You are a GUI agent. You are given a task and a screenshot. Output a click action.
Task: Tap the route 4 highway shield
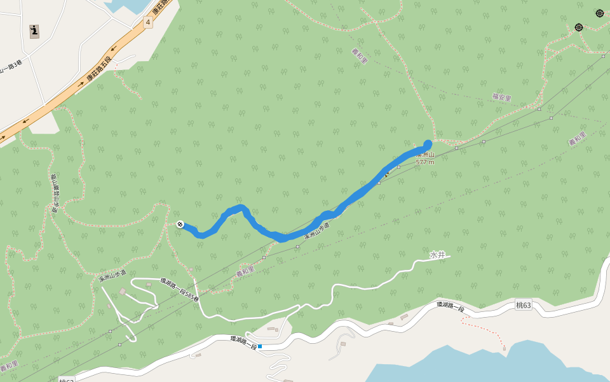147,22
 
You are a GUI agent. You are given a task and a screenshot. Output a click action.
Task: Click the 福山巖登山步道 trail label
53,185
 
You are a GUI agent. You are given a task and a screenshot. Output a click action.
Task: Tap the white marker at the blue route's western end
180,224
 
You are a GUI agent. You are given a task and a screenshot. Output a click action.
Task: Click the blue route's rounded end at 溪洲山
428,144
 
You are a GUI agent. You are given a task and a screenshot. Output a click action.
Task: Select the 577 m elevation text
425,162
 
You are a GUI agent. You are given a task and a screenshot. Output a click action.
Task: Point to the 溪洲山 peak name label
425,155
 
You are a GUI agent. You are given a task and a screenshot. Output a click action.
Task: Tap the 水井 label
438,255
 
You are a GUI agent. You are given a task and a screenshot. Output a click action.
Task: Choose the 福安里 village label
501,97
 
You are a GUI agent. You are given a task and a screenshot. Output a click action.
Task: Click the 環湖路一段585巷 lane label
179,290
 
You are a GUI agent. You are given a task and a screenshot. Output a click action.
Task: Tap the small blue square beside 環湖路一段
260,346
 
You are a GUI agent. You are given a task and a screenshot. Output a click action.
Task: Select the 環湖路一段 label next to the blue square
243,343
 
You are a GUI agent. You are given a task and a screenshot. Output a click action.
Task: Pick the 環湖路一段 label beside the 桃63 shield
450,307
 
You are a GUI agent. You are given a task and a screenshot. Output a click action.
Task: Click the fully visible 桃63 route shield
523,306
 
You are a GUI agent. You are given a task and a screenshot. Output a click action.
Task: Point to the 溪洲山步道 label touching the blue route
316,230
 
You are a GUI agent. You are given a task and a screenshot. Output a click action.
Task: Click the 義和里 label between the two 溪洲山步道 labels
245,271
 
